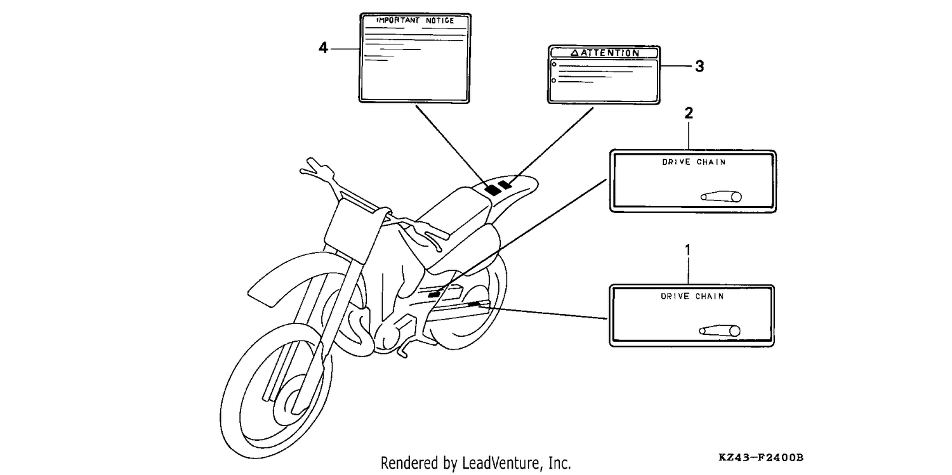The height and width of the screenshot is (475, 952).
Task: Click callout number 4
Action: click(x=323, y=48)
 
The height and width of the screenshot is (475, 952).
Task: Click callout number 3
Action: click(x=699, y=66)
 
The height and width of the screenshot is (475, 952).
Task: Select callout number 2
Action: click(x=689, y=113)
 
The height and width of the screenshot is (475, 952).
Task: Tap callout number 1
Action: click(x=688, y=250)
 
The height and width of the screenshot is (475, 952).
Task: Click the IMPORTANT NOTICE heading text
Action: click(x=415, y=20)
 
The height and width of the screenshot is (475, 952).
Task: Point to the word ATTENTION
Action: click(x=610, y=53)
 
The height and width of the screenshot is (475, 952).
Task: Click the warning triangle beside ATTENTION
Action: click(x=574, y=53)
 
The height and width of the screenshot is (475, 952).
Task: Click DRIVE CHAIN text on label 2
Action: click(x=694, y=162)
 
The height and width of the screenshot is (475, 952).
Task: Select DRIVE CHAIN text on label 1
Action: click(x=692, y=296)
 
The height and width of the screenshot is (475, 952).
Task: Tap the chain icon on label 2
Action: click(x=721, y=197)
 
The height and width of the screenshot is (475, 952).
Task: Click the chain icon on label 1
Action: click(x=720, y=330)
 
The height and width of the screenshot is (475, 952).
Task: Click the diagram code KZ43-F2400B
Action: click(x=761, y=457)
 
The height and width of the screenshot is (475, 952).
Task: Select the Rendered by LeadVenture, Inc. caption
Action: click(x=475, y=463)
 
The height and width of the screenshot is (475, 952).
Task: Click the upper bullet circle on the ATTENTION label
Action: click(x=554, y=65)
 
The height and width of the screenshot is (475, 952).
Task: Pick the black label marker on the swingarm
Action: click(x=473, y=304)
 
